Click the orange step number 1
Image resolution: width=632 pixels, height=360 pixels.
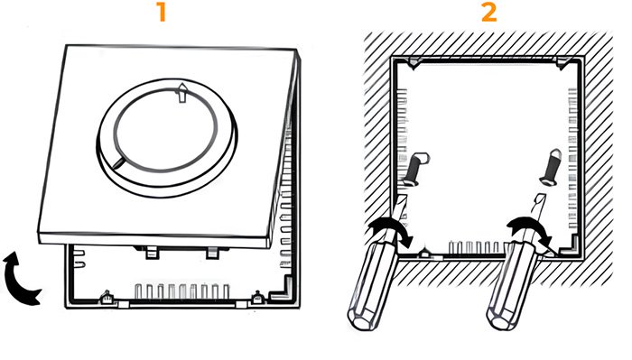(162, 13)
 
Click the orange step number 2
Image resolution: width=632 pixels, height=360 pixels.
(489, 13)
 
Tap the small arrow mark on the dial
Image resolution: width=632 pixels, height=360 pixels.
(182, 93)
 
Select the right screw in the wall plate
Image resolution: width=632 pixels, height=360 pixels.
(551, 167)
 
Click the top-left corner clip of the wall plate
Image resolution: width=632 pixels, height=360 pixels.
(414, 63)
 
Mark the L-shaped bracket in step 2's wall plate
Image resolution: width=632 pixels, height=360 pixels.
(572, 246)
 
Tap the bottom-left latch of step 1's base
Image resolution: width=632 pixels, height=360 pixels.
(107, 298)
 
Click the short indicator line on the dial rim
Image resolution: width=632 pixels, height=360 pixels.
(119, 162)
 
